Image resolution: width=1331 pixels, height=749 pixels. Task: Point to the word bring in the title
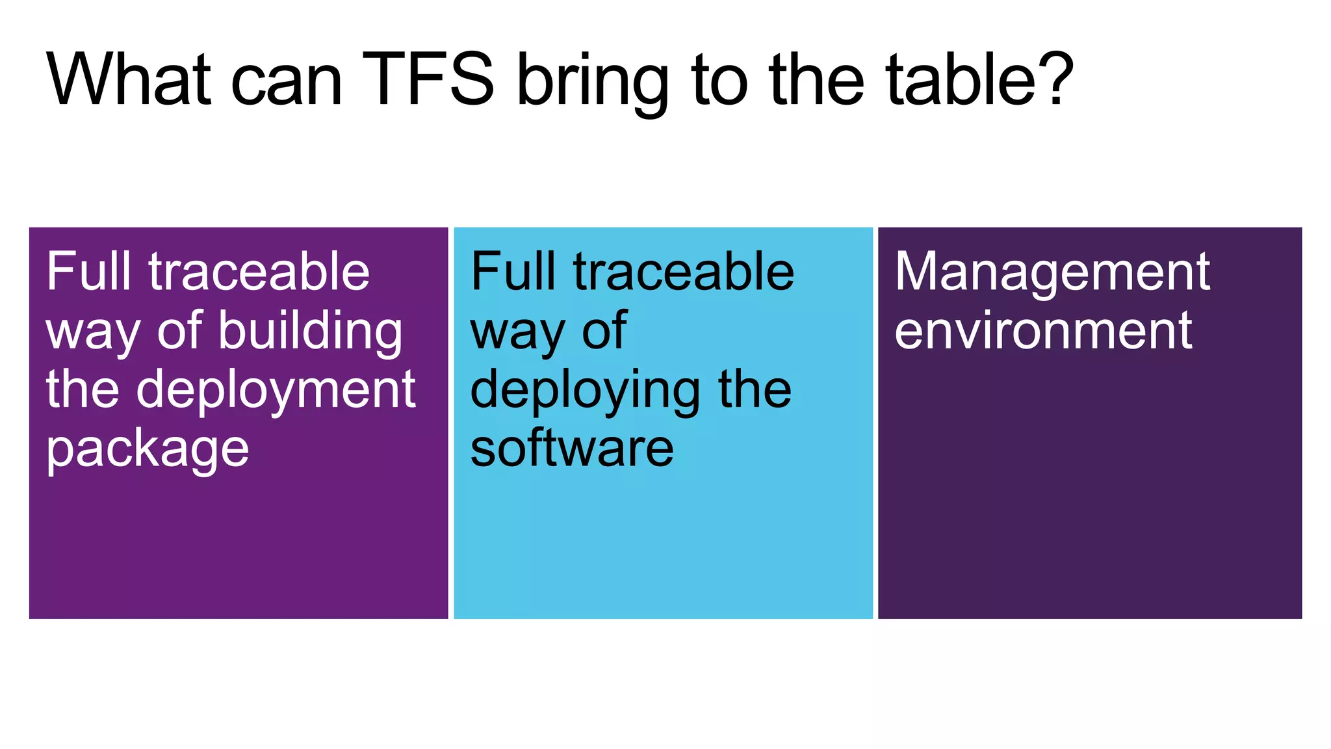pos(592,83)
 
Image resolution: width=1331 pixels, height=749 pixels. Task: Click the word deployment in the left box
pos(276,390)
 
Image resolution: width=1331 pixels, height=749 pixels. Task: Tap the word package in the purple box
pos(148,450)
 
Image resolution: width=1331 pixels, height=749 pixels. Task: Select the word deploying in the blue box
pos(585,390)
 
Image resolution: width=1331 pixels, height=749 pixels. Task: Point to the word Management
pos(1052,271)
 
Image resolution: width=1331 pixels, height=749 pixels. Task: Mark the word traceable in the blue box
pos(683,271)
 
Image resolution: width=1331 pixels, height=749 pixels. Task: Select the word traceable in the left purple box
pos(259,271)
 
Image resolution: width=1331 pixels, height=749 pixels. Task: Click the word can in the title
pos(286,83)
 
